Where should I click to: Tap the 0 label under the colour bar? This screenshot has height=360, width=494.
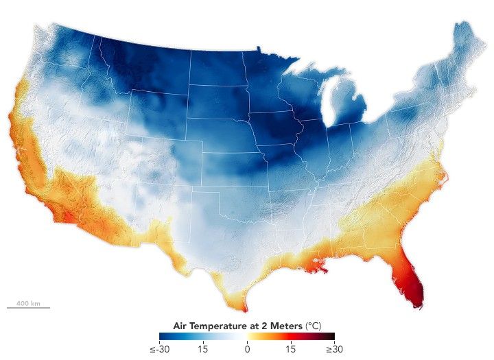247,349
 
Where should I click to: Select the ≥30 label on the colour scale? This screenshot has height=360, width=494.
333,349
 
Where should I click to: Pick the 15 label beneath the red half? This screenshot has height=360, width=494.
290,349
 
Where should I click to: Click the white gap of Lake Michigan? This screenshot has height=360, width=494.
329,103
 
